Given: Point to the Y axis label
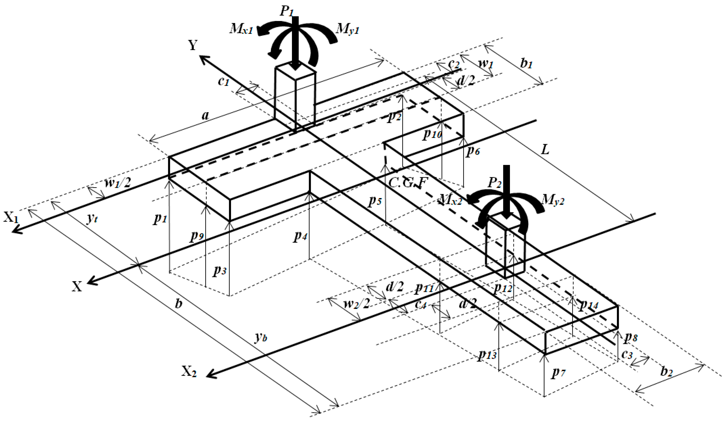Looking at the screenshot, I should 193,45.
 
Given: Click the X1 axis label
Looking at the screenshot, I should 11,217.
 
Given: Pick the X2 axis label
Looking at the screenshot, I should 189,372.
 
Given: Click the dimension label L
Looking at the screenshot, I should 544,150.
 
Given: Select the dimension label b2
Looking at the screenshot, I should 666,372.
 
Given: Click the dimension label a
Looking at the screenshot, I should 205,115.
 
